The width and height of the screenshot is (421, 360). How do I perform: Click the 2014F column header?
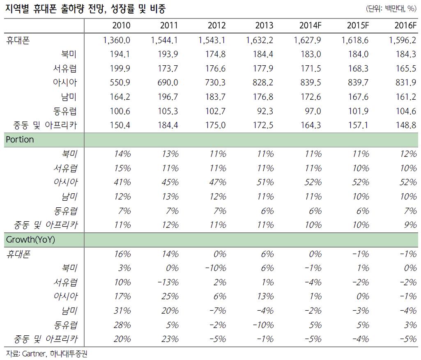[x=311, y=25]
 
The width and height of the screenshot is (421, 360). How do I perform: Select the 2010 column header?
[x=121, y=25]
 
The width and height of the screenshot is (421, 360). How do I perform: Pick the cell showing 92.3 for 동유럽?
[x=265, y=111]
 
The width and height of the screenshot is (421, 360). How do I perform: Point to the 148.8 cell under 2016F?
[x=407, y=125]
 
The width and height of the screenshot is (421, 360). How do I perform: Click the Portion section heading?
[x=20, y=140]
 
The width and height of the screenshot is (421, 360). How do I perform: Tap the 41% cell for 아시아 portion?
[x=122, y=182]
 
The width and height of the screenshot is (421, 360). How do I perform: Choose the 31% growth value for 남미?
[x=122, y=311]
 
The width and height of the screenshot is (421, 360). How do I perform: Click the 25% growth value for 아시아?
[x=170, y=296]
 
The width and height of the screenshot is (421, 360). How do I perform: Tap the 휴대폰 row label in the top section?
[x=19, y=40]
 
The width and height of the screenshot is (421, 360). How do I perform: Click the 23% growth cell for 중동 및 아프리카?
[x=170, y=339]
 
